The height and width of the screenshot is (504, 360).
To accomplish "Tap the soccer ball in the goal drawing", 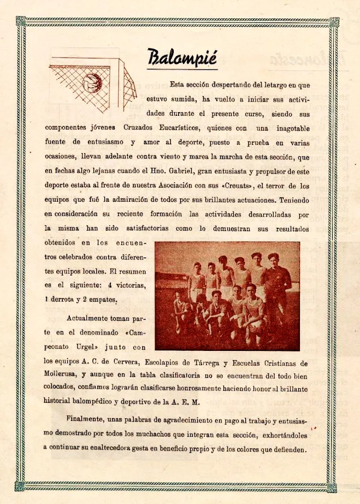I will (92, 83).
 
